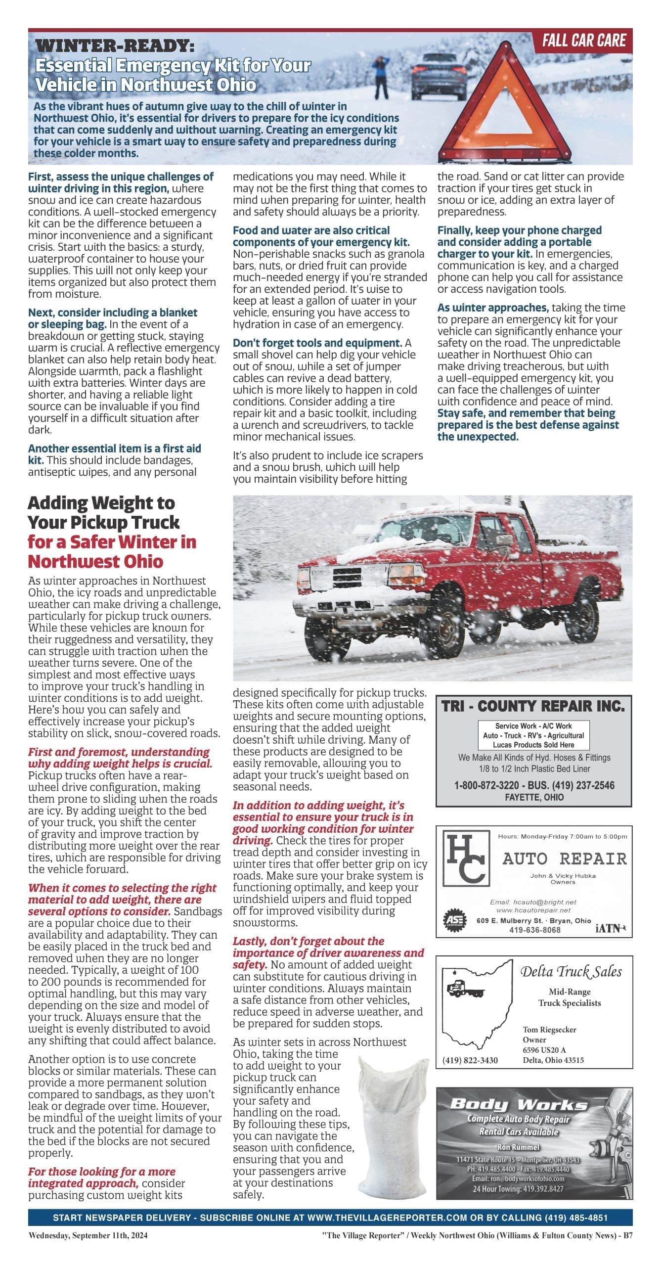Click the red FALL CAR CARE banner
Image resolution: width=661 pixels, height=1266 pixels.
583,41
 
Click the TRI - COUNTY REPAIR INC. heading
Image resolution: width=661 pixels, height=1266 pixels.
533,706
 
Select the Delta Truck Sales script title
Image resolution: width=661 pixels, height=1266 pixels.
571,972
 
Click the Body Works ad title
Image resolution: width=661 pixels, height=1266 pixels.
519,1104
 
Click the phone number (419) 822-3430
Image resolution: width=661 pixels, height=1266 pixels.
470,1060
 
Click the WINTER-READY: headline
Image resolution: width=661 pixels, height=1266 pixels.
115,46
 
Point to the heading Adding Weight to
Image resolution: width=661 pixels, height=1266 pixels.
101,503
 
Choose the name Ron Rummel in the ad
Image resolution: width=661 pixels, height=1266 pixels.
519,1147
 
